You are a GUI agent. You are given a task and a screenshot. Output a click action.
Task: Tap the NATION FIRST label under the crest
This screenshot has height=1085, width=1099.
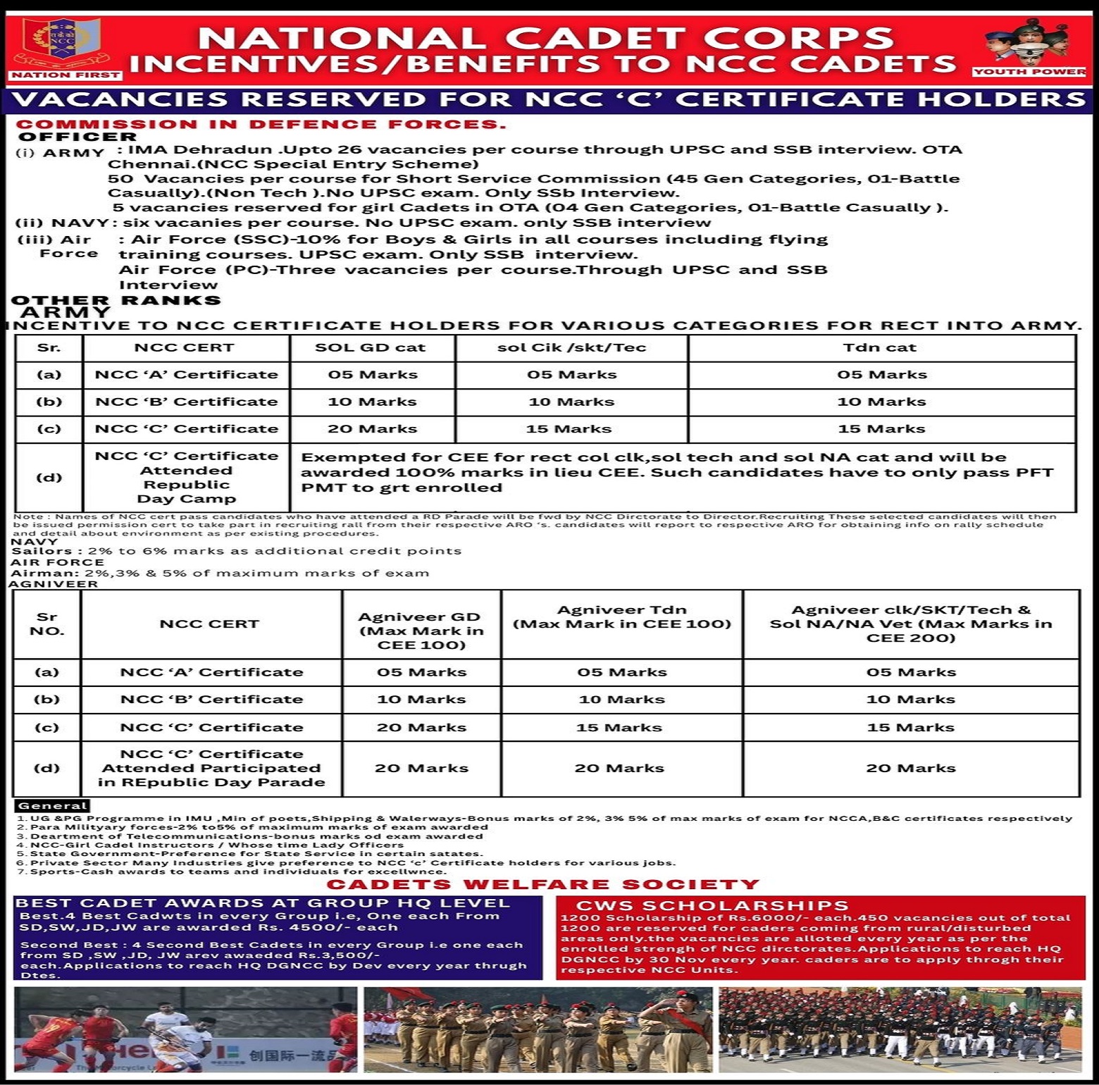point(66,75)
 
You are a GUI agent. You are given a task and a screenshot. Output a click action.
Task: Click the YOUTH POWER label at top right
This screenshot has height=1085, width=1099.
point(1029,72)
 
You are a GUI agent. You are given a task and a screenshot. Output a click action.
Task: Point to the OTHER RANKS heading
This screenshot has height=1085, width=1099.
point(116,300)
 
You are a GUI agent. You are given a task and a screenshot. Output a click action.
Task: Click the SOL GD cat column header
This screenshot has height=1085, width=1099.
point(371,347)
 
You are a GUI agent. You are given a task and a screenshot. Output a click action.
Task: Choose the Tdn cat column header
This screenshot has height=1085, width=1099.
point(880,347)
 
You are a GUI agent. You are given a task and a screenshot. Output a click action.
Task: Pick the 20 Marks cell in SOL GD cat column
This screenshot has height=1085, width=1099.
point(373,428)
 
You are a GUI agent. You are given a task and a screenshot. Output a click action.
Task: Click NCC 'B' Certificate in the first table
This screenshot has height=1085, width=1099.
point(186,402)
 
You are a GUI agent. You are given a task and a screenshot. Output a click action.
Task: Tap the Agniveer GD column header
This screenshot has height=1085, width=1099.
point(421,630)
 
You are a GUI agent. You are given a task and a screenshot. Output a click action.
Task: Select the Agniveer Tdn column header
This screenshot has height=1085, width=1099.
point(621,616)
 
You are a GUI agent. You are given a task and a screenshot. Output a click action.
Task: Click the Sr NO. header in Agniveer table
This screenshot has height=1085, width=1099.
point(46,624)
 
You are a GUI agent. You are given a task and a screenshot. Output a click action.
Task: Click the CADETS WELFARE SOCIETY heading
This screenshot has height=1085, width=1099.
point(543,884)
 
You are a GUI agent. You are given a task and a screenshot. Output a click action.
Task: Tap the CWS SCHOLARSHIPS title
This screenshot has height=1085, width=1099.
point(712,905)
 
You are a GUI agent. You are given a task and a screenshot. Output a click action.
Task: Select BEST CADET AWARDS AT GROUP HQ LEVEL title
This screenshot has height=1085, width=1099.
point(262,903)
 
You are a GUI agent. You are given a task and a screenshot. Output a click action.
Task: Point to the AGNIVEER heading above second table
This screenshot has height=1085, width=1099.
point(54,583)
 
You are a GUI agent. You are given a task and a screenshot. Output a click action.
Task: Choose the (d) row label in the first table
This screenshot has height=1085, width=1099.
point(49,477)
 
